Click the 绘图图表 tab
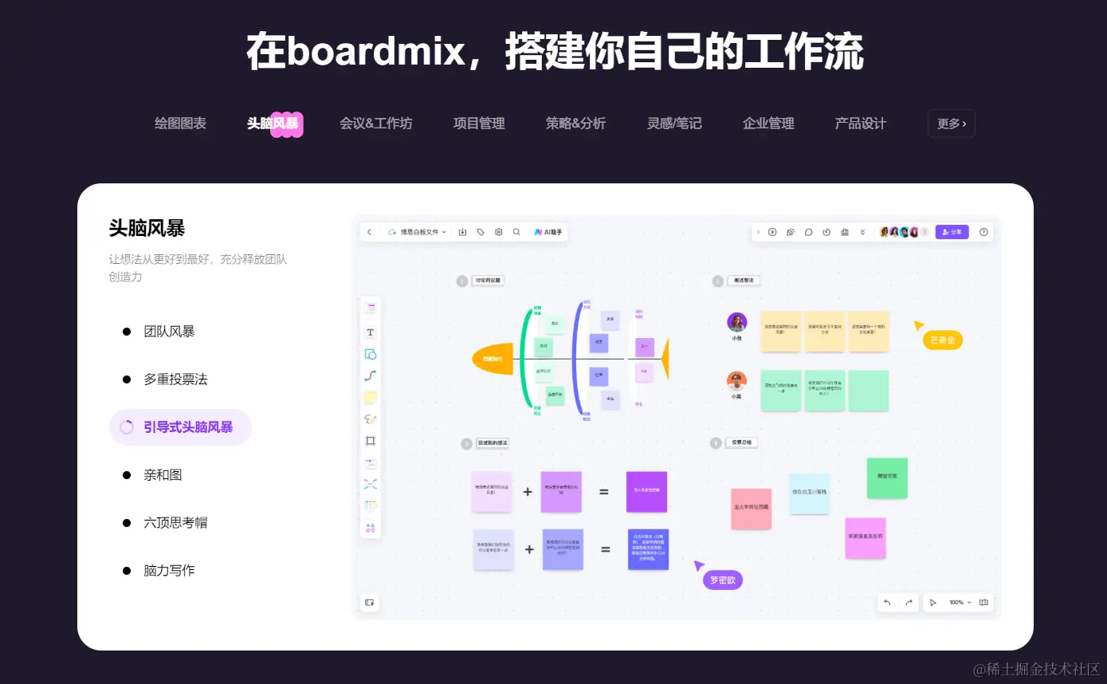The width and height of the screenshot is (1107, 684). (180, 124)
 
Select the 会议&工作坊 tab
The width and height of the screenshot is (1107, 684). (375, 124)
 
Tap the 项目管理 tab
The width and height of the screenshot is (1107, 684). (479, 124)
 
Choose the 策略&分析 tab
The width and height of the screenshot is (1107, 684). (575, 124)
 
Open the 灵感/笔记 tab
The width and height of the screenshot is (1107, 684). (674, 124)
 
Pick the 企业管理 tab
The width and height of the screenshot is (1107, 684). (768, 124)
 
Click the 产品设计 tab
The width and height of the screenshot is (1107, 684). (860, 124)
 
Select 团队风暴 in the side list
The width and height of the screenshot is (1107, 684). (169, 332)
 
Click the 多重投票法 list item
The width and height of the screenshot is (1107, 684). (175, 379)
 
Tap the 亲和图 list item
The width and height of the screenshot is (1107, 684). (163, 475)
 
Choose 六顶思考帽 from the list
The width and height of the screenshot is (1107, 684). (175, 523)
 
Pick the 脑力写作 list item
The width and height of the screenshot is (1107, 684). (169, 571)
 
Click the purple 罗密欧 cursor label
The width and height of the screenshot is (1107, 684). (722, 580)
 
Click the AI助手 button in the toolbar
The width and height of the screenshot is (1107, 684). (548, 232)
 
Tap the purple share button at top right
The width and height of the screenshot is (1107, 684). (952, 232)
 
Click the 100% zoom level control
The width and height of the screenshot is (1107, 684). (960, 603)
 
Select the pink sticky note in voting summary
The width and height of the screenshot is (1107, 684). (751, 508)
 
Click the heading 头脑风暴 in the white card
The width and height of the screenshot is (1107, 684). (147, 229)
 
